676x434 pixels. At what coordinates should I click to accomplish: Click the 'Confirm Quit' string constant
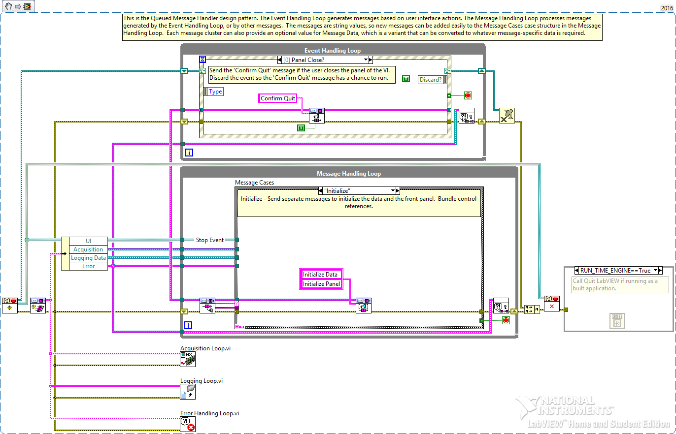[278, 98]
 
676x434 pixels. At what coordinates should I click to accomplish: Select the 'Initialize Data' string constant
[320, 275]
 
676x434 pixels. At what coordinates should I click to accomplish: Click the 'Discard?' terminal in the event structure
[431, 80]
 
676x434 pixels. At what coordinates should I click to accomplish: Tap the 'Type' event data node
[215, 92]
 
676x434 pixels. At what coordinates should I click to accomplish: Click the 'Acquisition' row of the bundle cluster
[88, 249]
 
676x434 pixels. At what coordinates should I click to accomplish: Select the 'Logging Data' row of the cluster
[88, 258]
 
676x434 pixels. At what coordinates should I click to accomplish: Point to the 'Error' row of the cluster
[88, 266]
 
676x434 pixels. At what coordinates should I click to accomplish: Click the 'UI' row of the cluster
[88, 241]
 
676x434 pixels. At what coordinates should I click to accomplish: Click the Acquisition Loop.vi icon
[188, 359]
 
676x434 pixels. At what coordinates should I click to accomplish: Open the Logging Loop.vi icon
[188, 392]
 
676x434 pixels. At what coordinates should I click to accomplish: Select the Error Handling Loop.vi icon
[188, 424]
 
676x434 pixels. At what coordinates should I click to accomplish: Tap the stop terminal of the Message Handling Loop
[506, 320]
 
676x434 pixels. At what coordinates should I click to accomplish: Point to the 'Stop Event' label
[210, 240]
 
